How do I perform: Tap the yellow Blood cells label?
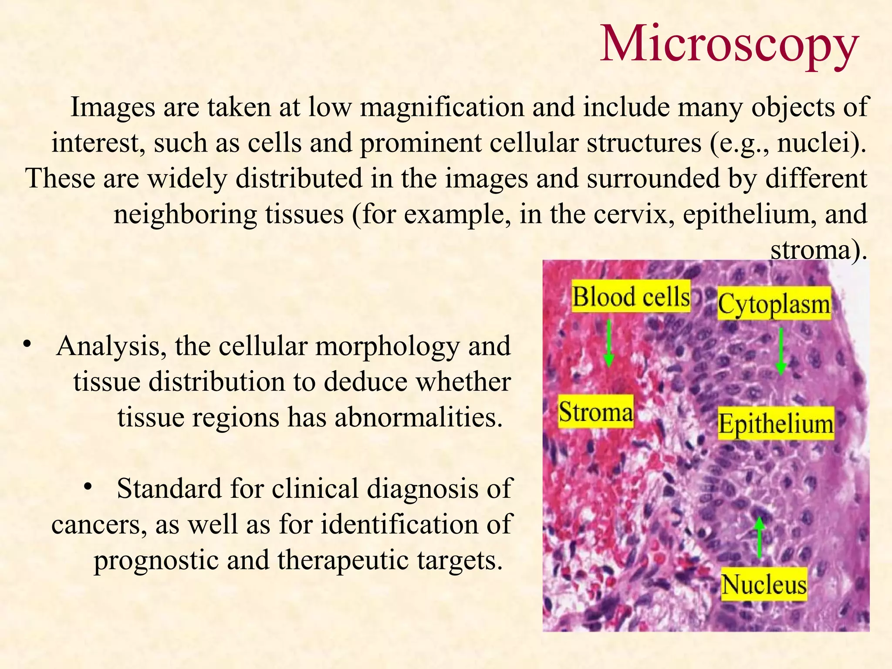click(631, 297)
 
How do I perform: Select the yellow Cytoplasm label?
click(774, 304)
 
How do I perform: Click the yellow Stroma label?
click(595, 412)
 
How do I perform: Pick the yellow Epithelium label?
click(775, 424)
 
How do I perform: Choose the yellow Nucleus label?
click(764, 585)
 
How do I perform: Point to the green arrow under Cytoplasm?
click(781, 351)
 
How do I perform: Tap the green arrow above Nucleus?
click(760, 537)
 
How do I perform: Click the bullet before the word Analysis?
click(28, 344)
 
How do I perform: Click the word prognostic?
click(156, 560)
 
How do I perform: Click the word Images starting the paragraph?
click(113, 107)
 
